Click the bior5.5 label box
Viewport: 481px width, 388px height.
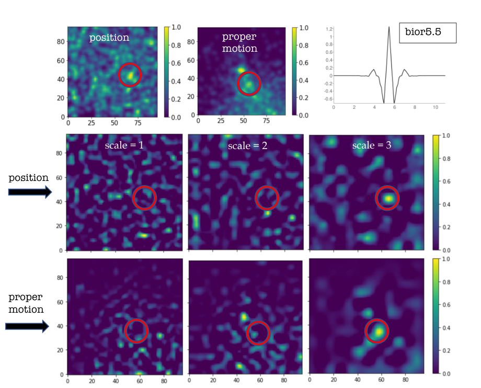(x=428, y=32)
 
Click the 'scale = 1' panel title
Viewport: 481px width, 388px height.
(x=124, y=145)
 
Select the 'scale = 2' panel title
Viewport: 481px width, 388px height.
(x=247, y=145)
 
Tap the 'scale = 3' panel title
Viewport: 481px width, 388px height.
(x=372, y=145)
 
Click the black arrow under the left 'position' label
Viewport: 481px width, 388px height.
(x=30, y=192)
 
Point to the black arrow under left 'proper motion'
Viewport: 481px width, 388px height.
(x=27, y=326)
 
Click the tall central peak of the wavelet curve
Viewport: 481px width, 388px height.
(x=389, y=28)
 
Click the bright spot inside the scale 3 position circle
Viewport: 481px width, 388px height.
(x=388, y=199)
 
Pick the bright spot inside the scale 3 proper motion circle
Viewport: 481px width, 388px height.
(x=379, y=332)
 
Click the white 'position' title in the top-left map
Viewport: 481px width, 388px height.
(x=109, y=38)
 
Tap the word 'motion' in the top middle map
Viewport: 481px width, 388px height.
(x=239, y=49)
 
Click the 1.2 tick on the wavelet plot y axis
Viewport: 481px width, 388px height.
(x=329, y=29)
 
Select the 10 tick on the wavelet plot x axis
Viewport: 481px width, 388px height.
(x=436, y=107)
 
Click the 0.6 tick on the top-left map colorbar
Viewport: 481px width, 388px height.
(x=176, y=63)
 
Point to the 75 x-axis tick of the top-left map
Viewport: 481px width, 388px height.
(x=138, y=123)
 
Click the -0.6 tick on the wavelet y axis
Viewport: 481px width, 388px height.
(x=328, y=99)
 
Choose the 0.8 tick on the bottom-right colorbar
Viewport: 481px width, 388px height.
(x=446, y=282)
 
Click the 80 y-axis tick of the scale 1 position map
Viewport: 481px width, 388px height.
(x=59, y=153)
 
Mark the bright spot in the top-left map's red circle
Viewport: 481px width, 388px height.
(x=130, y=75)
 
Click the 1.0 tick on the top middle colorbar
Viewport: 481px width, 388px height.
(x=304, y=28)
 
